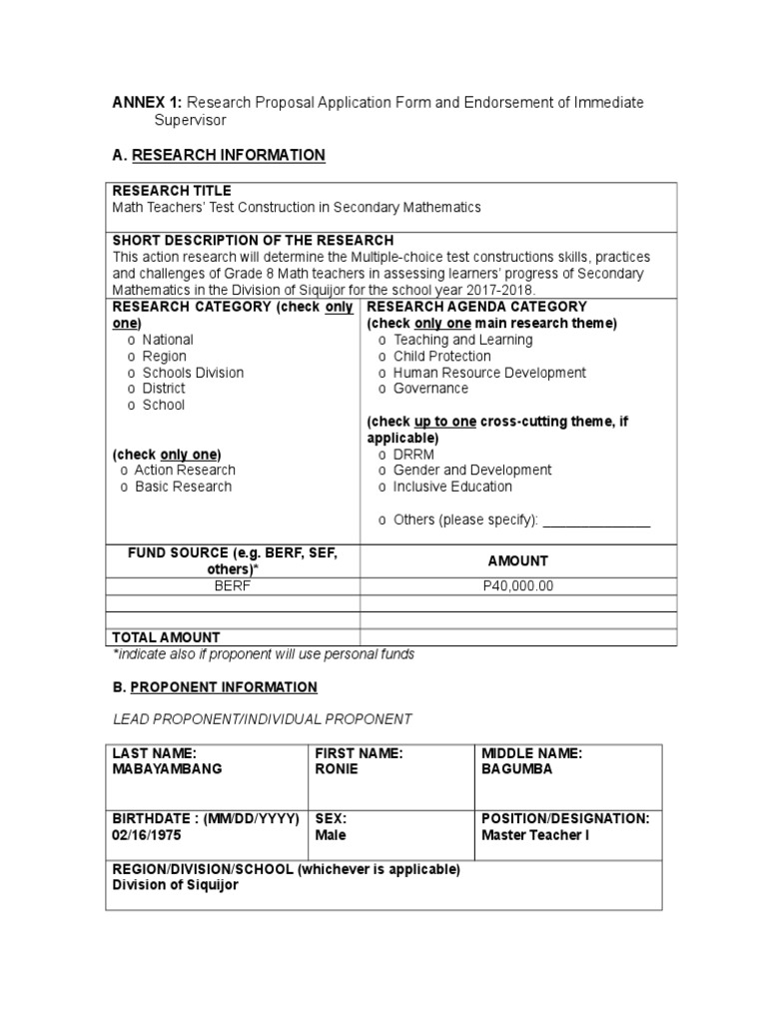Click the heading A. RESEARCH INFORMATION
(x=218, y=155)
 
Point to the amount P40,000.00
(x=517, y=586)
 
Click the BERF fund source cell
(x=232, y=586)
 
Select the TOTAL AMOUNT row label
(x=166, y=637)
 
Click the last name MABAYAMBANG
(x=167, y=769)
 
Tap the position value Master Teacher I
(x=535, y=834)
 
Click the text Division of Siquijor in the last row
(x=175, y=885)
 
